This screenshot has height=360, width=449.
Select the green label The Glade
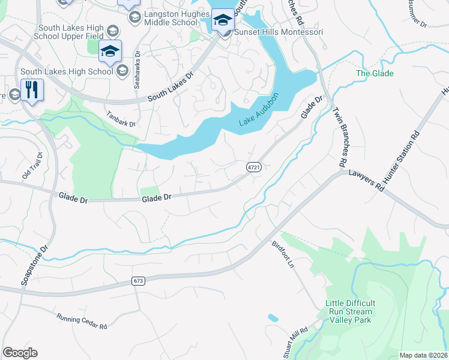click(x=375, y=73)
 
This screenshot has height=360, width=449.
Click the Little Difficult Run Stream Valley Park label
click(x=349, y=311)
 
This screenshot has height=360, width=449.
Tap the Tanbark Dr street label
click(x=121, y=119)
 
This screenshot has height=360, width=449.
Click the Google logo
click(x=20, y=353)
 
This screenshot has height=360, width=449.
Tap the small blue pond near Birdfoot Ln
click(x=273, y=317)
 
